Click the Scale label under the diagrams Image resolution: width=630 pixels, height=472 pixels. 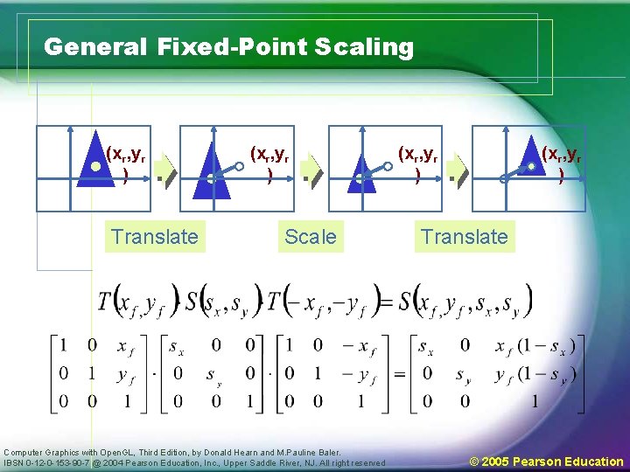click(310, 236)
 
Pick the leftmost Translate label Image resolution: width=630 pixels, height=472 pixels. click(155, 236)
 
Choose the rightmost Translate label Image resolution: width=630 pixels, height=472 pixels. click(464, 236)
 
